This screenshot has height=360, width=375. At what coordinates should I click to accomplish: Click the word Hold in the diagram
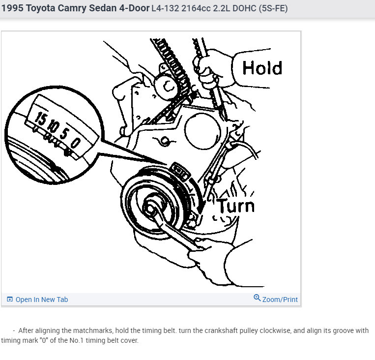coord(262,68)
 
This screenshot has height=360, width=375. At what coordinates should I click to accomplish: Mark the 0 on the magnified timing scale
coord(75,143)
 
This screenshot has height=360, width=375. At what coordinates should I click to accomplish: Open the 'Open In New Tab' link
coord(41,300)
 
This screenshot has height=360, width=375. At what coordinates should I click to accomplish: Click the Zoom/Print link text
coord(280,300)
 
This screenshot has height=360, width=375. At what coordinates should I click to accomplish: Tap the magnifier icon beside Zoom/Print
coord(257,298)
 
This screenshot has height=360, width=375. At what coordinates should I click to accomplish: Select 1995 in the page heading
coord(12,8)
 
